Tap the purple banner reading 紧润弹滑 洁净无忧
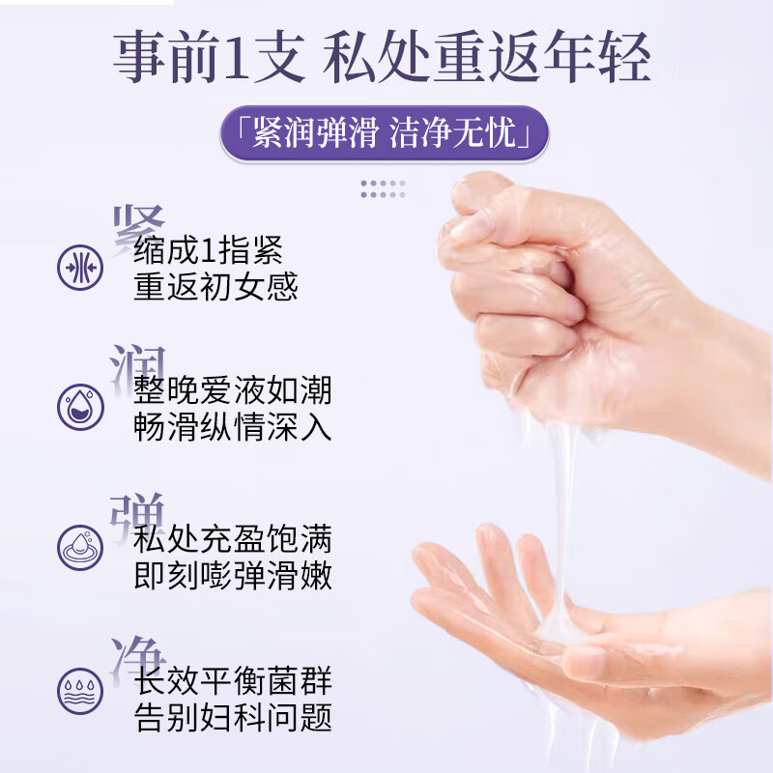pyautogui.click(x=385, y=132)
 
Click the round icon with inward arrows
pyautogui.click(x=80, y=265)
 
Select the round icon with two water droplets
pyautogui.click(x=80, y=406)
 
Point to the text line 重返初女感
pyautogui.click(x=216, y=287)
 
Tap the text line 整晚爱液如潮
pyautogui.click(x=233, y=390)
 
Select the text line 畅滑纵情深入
pyautogui.click(x=233, y=427)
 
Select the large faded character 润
pyautogui.click(x=139, y=367)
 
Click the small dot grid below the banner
pyautogui.click(x=383, y=188)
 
